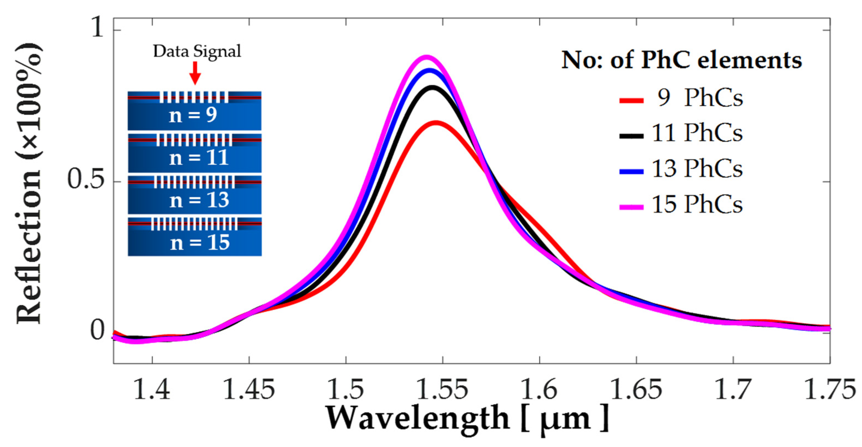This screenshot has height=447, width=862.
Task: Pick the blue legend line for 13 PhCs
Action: [631, 171]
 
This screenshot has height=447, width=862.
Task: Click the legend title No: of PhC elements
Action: [681, 60]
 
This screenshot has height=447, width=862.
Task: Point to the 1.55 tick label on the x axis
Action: [442, 390]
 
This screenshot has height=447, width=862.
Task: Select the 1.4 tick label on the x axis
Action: [152, 390]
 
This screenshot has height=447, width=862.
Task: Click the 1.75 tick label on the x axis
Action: [829, 390]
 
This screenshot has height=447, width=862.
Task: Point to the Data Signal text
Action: [197, 51]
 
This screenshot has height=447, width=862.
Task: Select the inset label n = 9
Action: [193, 116]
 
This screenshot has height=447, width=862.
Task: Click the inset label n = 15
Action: [200, 243]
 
